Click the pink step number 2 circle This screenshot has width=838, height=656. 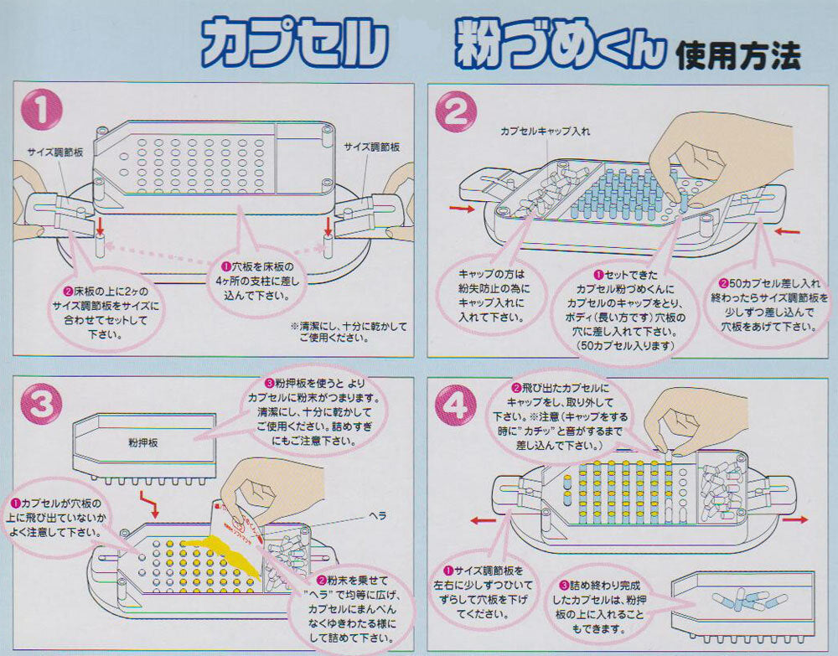pyautogui.click(x=458, y=115)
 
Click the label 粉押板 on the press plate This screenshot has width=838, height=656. pyautogui.click(x=144, y=439)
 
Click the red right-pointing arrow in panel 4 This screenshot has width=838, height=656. pyautogui.click(x=795, y=520)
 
